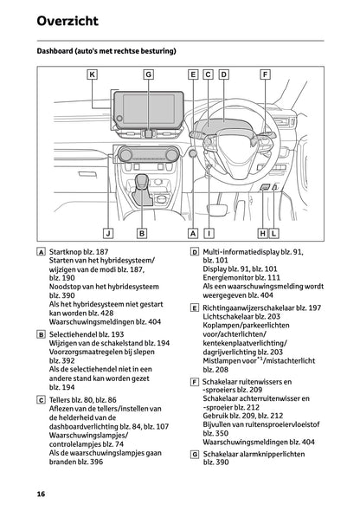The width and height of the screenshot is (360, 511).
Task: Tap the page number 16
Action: (41, 494)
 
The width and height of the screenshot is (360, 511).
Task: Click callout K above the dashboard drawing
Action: (92, 74)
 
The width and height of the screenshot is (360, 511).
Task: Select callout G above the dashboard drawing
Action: (148, 74)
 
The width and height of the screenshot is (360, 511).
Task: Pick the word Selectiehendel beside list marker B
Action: (74, 333)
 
